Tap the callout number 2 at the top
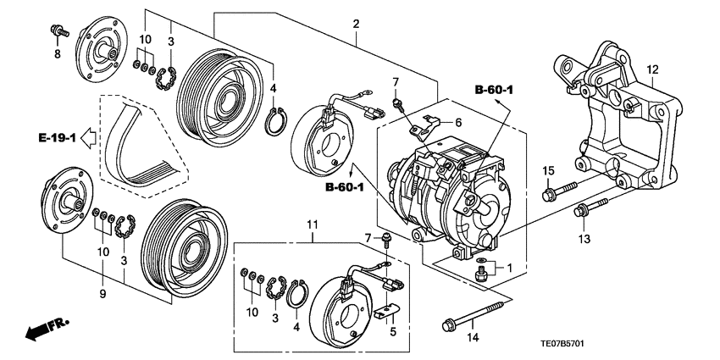coord(356,23)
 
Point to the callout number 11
coord(312,224)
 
